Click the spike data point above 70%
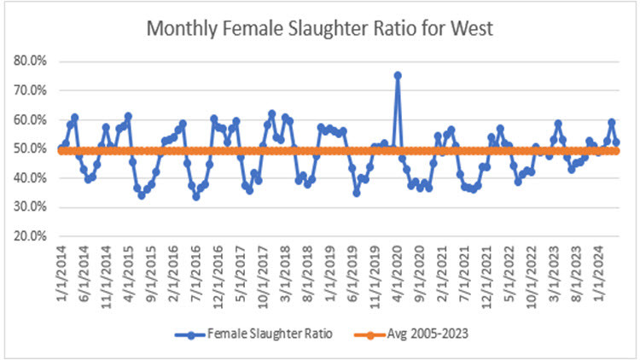tap(398, 75)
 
